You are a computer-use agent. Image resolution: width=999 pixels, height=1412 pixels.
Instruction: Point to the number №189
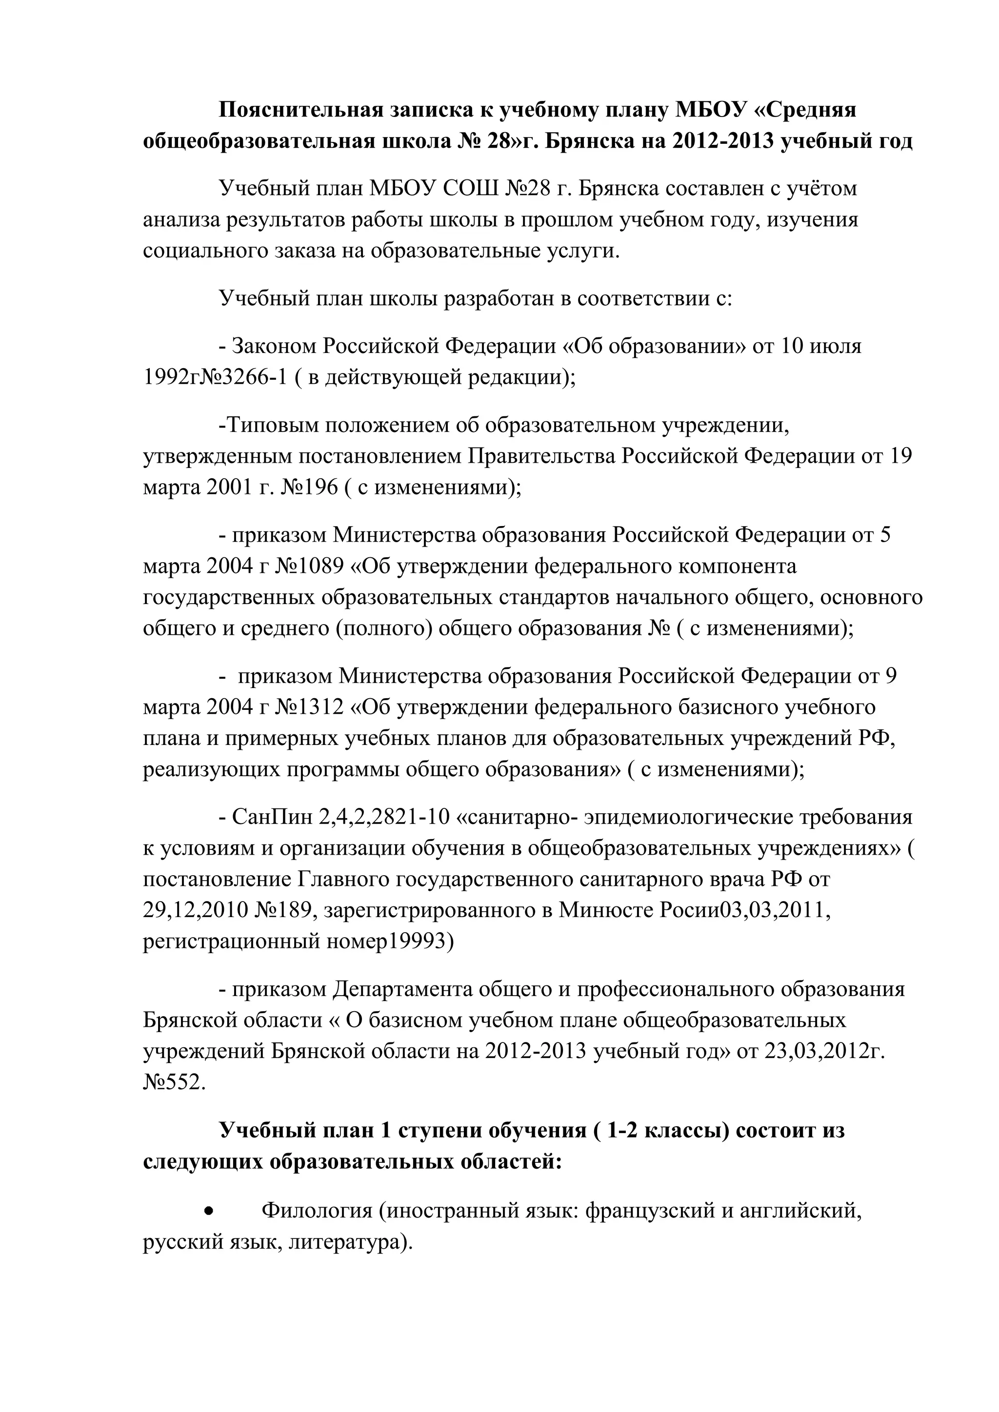coord(284,911)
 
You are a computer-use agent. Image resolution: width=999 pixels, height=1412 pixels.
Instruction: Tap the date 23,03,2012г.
coord(824,1052)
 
